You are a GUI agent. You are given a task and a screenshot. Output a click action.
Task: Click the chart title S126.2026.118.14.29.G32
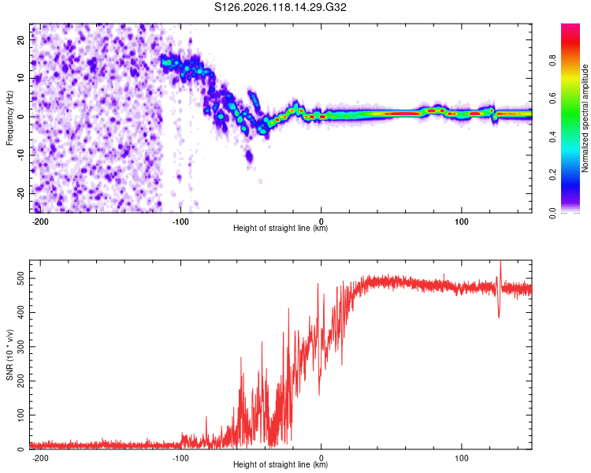tap(280, 7)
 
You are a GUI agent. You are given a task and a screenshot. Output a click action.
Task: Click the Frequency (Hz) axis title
tap(9, 118)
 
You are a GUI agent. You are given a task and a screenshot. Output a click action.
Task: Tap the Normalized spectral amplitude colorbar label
tap(585, 118)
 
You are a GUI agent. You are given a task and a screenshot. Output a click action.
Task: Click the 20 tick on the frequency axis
tap(21, 40)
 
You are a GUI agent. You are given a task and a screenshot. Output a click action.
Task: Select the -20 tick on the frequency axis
tap(21, 194)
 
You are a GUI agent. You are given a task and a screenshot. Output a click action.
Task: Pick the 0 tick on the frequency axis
tap(21, 117)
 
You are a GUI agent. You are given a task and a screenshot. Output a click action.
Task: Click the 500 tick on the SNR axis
tap(21, 278)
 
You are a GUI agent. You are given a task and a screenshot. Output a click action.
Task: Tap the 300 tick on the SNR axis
tap(21, 347)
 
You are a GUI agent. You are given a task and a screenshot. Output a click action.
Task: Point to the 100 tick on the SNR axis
tap(21, 415)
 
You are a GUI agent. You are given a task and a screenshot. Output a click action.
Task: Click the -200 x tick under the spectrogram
tap(39, 222)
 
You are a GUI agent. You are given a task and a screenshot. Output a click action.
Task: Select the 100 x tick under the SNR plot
tap(461, 458)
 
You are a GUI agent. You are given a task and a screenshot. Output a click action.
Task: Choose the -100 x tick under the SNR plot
tap(180, 458)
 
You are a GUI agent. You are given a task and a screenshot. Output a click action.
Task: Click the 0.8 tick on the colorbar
tap(552, 61)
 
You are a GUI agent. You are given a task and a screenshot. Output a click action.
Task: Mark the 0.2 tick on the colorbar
tap(552, 175)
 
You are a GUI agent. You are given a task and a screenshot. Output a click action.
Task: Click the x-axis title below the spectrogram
tap(281, 228)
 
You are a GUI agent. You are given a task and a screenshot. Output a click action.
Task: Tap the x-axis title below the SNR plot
tap(281, 464)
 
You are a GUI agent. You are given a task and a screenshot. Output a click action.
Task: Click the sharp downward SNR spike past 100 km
tap(499, 316)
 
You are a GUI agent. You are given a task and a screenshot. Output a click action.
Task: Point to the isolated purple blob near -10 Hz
tap(249, 155)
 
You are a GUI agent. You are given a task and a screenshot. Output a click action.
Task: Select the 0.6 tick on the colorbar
tap(552, 99)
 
